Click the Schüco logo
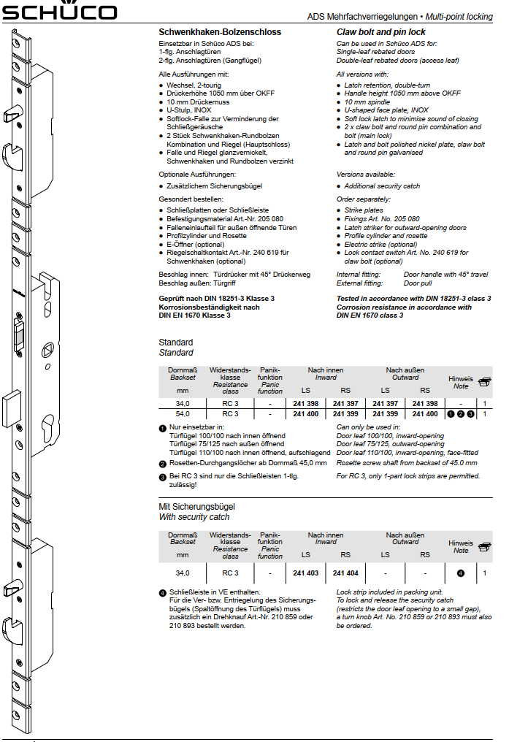tap(59, 11)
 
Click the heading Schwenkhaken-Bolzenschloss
tap(220, 32)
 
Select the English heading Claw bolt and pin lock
tap(380, 32)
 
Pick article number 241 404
tap(345, 573)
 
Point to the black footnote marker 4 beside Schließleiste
tap(162, 592)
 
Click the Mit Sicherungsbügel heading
tap(196, 506)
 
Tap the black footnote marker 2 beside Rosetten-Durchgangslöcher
tap(162, 463)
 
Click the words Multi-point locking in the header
tap(459, 16)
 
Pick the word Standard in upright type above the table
tap(176, 343)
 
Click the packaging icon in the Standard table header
tap(484, 381)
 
